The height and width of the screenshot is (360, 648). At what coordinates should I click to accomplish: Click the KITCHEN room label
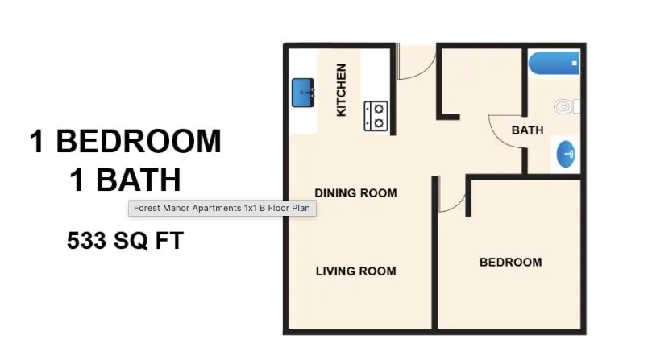(341, 90)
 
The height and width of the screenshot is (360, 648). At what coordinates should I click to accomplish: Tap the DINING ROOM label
(355, 193)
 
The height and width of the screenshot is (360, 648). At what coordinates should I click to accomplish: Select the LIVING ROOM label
(355, 271)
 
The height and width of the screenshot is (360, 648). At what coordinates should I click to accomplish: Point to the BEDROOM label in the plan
(511, 263)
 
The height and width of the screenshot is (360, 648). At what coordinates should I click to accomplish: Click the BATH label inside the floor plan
(527, 130)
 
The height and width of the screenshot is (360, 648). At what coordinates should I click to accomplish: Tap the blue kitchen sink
(303, 93)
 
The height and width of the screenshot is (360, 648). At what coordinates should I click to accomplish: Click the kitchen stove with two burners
(376, 116)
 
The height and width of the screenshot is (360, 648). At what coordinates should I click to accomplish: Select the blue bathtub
(554, 63)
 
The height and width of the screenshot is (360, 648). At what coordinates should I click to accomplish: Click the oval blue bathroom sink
(566, 154)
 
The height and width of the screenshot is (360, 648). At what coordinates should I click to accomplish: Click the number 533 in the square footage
(86, 241)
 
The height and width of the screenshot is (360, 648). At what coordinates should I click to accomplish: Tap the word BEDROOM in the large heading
(139, 141)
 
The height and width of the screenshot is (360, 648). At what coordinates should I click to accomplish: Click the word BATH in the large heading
(139, 180)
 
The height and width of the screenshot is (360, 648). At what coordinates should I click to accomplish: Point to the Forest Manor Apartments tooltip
(222, 208)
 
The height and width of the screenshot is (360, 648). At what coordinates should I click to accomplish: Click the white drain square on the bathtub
(574, 63)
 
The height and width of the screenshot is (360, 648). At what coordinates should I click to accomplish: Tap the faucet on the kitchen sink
(311, 93)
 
